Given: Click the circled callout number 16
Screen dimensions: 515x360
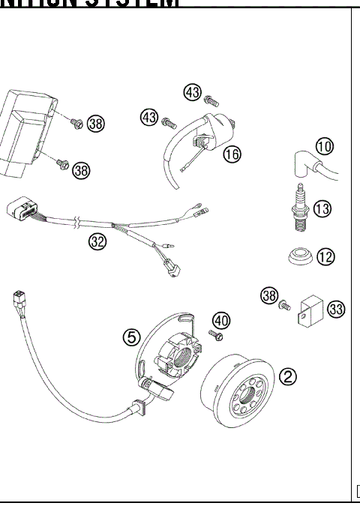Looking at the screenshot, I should (x=232, y=154).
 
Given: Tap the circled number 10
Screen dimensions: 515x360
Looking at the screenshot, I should (x=324, y=146).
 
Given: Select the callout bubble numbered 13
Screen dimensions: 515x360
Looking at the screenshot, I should (x=322, y=209).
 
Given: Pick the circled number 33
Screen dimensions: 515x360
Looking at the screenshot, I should (x=336, y=309).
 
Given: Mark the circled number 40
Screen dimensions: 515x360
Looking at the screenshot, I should (x=219, y=320).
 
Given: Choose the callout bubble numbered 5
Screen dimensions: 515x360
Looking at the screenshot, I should (x=132, y=337).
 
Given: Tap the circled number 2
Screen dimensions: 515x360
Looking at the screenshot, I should (x=287, y=376).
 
